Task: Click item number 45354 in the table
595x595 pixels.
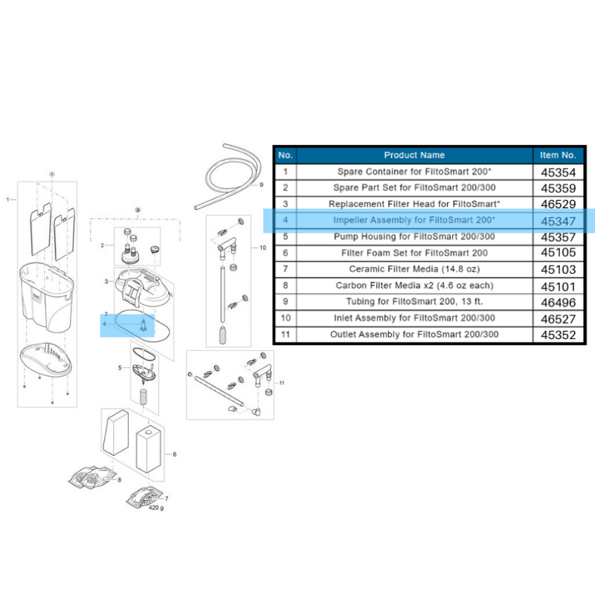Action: (558, 172)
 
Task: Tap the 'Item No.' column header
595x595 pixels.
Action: (558, 155)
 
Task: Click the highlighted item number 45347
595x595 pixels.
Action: (558, 221)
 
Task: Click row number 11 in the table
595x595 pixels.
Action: (284, 335)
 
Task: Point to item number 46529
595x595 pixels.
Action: (558, 204)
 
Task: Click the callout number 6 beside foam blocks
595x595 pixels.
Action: (174, 454)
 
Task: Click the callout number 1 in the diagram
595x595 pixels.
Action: (8, 199)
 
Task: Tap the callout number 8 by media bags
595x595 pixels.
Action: (119, 481)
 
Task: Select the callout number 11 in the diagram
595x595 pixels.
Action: (283, 382)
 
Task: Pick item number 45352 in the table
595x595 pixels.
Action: (558, 335)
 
